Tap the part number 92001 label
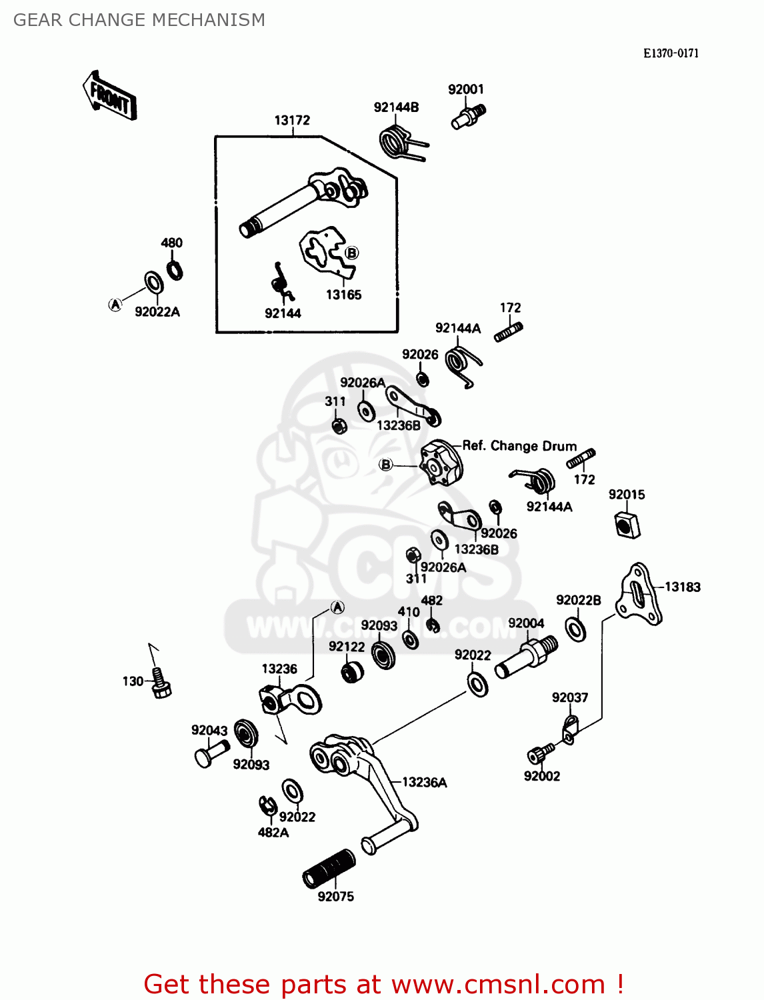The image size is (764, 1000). coord(466,89)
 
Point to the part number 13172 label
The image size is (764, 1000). coord(292,121)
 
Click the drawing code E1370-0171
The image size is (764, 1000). coord(671,53)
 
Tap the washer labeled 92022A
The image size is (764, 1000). coord(154,283)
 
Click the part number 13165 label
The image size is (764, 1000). coord(343,295)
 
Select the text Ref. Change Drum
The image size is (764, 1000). coord(519,446)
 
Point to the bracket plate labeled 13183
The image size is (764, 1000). coord(638,594)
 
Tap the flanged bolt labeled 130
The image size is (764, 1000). coord(160,683)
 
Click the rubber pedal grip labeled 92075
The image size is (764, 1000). coord(329,869)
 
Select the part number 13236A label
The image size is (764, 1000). coord(425,783)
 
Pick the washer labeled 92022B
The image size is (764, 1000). coord(575,629)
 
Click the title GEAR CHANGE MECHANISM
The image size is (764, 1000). coord(139,20)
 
